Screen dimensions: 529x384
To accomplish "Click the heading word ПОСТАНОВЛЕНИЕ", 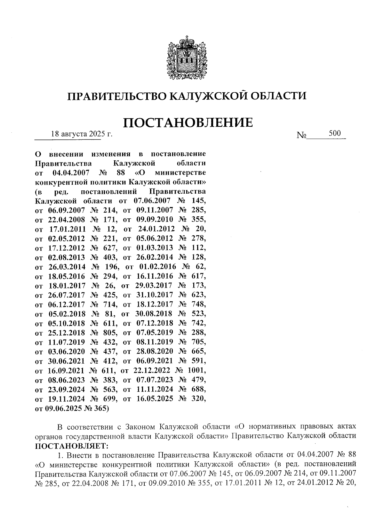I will tap(188, 122).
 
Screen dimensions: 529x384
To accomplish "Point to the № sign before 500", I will tap(301, 136).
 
